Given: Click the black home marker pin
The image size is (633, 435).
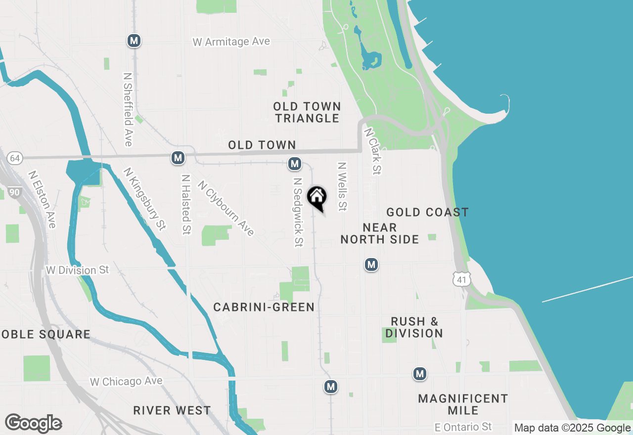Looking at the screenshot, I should click(x=317, y=197).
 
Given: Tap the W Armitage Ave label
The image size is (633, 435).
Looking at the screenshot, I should click(x=231, y=42).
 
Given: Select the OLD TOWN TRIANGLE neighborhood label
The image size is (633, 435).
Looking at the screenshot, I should click(x=307, y=112).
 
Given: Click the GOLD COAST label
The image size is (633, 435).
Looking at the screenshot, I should click(x=427, y=213).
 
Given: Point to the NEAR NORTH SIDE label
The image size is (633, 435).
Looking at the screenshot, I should click(x=380, y=233).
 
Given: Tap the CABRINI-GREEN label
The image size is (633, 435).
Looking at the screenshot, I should click(x=264, y=307).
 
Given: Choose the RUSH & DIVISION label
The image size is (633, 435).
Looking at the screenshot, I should click(x=414, y=327).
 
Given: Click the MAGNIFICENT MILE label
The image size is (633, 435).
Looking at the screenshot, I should click(x=463, y=404).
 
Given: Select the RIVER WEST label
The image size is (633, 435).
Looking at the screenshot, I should click(x=172, y=410).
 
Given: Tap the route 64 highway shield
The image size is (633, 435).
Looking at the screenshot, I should click(x=15, y=158).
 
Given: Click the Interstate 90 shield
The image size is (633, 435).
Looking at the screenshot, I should click(x=14, y=192).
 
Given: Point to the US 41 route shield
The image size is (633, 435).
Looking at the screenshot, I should click(x=462, y=279).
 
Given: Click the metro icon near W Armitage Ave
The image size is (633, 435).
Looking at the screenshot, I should click(x=134, y=41).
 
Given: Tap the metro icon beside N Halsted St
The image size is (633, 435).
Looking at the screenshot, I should click(x=178, y=158).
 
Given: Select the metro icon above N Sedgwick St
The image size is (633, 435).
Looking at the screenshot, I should click(x=295, y=163).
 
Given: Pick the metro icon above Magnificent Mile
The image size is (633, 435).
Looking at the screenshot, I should click(x=420, y=374).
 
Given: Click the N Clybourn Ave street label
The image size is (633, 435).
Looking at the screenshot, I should click(x=226, y=208).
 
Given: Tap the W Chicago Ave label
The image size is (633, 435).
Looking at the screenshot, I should click(x=126, y=382).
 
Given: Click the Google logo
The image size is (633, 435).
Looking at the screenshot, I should click(x=34, y=424).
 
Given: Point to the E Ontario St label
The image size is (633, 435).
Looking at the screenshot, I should click(x=463, y=427).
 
